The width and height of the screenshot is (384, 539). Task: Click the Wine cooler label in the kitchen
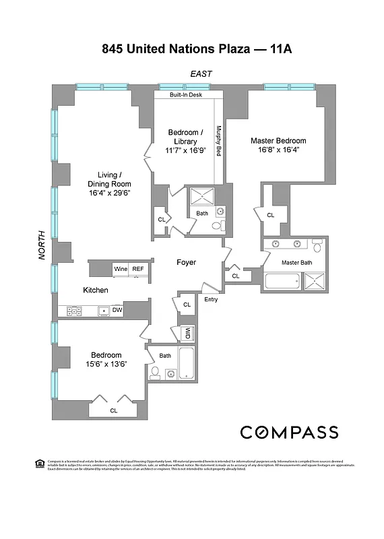121,269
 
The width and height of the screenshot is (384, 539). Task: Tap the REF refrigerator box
138,269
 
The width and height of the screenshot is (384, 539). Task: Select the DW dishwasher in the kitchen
117,311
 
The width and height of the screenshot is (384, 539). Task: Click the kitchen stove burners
74,311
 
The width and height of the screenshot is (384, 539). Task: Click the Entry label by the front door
210,299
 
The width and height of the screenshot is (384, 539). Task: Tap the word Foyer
187,262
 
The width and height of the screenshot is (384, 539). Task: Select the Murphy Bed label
218,141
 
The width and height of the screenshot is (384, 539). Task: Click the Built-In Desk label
186,95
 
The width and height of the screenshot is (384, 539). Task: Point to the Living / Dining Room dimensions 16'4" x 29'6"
109,193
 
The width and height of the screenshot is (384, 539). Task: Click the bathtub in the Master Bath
283,282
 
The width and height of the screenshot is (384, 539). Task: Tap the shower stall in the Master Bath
315,282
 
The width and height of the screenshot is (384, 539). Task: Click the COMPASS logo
289,432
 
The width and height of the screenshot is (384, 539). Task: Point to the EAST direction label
201,73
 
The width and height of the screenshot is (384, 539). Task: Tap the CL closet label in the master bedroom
271,215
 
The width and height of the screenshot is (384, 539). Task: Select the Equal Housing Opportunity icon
38,463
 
